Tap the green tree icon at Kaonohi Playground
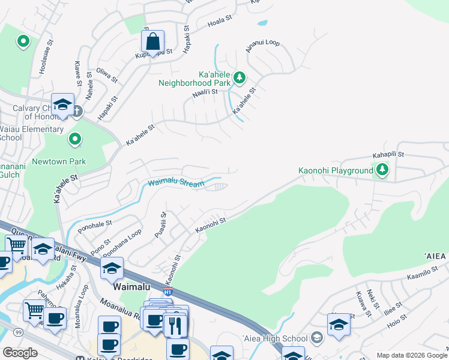(382, 170)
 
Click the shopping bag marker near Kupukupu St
(153, 42)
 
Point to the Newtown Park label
(59, 161)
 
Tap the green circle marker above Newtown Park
(75, 139)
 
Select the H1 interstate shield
(168, 292)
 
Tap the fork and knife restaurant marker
(176, 326)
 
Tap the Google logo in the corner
(20, 352)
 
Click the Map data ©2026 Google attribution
(411, 355)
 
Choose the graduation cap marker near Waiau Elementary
(62, 104)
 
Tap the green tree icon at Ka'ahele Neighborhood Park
(239, 77)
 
